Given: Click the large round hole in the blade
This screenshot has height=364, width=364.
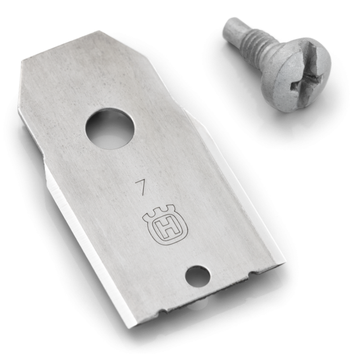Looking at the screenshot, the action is point(110,131).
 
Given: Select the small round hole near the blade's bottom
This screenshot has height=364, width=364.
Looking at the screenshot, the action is point(198,277).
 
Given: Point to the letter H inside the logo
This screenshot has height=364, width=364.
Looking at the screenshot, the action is point(166,229).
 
